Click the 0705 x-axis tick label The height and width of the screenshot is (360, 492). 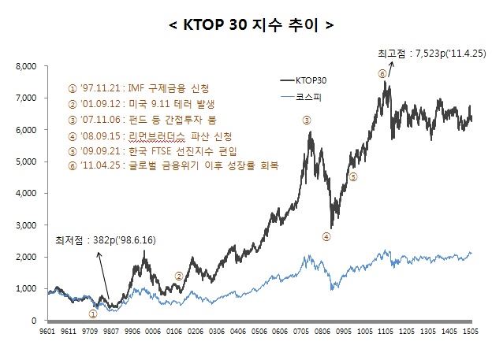coord(304,333)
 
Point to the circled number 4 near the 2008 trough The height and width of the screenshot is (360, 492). coord(326,236)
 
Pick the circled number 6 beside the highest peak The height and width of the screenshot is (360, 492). coord(382,73)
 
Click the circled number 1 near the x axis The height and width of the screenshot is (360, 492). coord(92,313)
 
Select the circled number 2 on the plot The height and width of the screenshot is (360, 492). coord(179,276)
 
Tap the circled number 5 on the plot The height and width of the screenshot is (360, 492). coord(353,177)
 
